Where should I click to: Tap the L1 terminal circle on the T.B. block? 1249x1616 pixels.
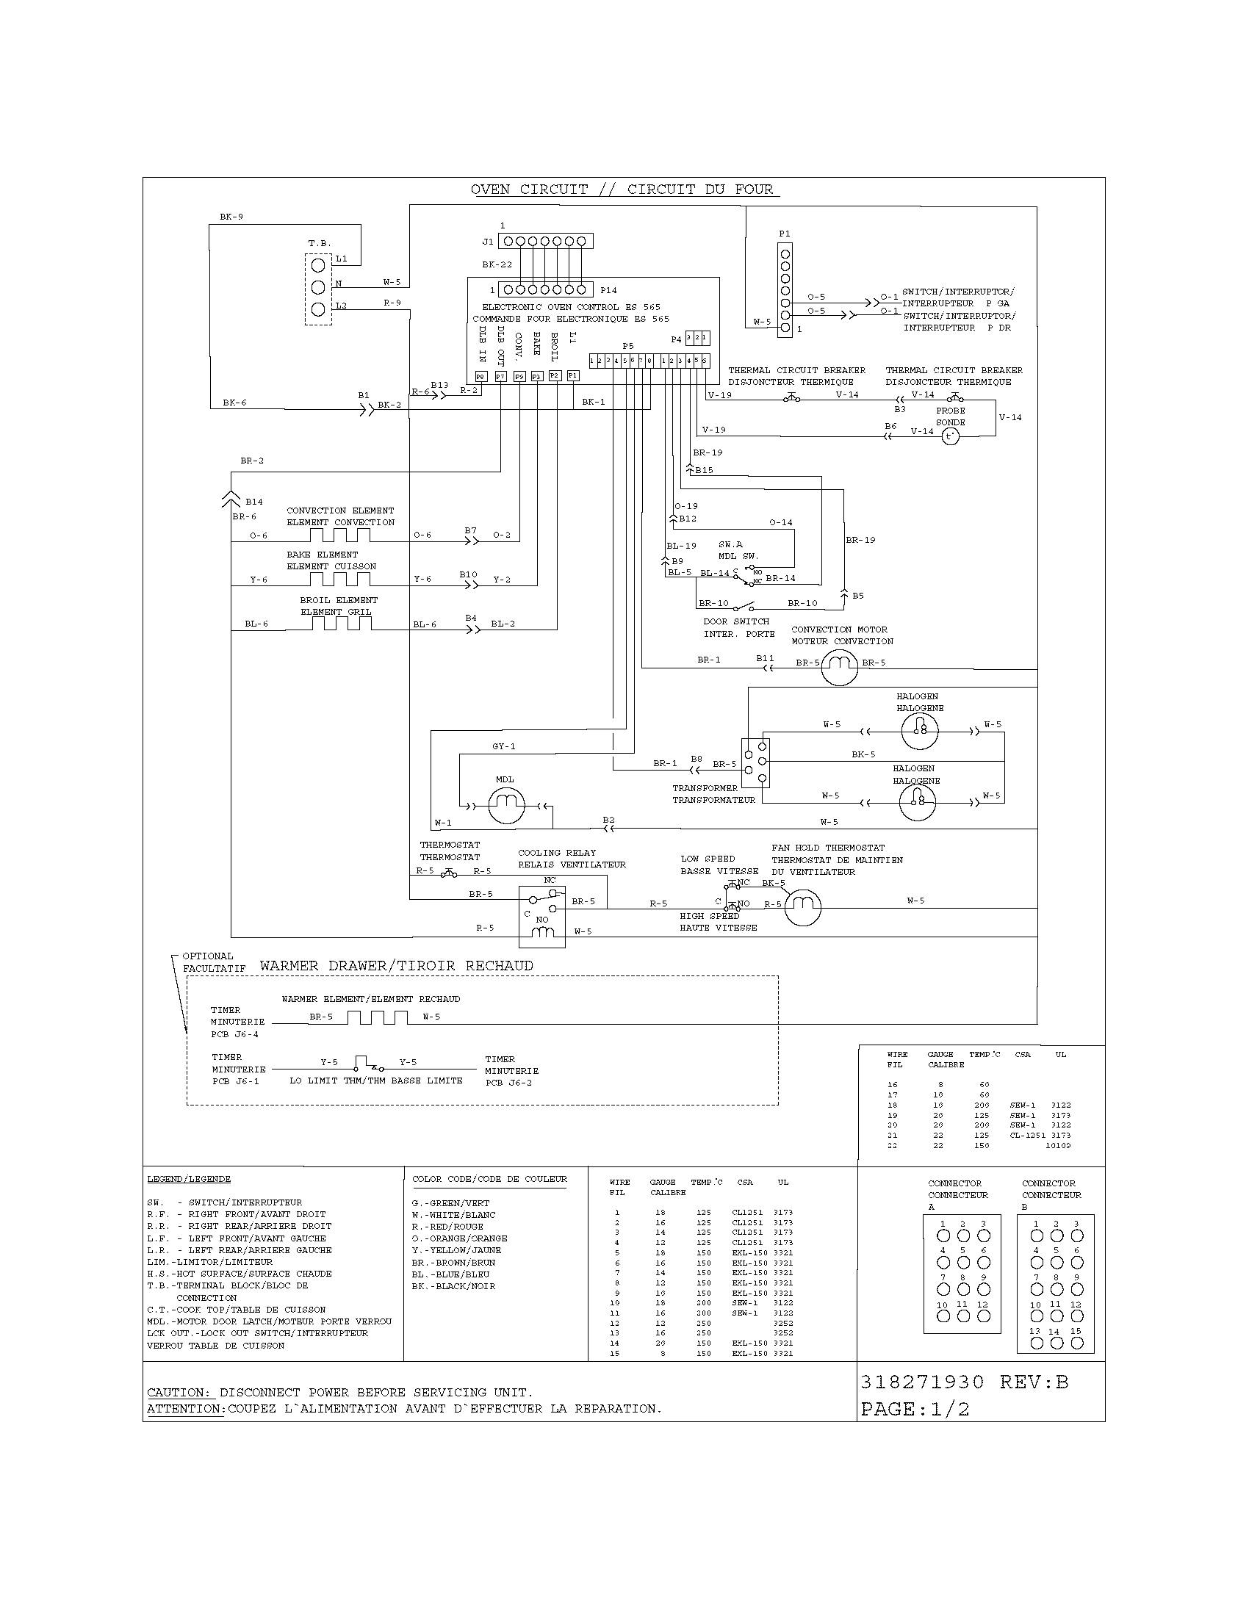pyautogui.click(x=317, y=265)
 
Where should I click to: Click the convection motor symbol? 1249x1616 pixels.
pyautogui.click(x=840, y=668)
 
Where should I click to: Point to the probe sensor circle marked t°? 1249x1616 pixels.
pyautogui.click(x=950, y=436)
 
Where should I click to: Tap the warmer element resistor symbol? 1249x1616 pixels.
pyautogui.click(x=378, y=1017)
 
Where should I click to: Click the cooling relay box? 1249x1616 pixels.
pyautogui.click(x=541, y=916)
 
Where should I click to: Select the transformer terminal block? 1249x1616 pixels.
pyautogui.click(x=755, y=763)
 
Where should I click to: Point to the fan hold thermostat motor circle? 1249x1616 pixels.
pyautogui.click(x=802, y=906)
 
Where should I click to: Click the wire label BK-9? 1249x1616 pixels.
pyautogui.click(x=231, y=217)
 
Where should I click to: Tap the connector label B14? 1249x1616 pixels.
pyautogui.click(x=253, y=502)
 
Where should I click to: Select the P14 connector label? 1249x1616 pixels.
pyautogui.click(x=608, y=290)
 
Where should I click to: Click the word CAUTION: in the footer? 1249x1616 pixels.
pyautogui.click(x=179, y=1393)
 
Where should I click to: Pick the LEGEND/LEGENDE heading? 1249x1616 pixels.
pyautogui.click(x=189, y=1179)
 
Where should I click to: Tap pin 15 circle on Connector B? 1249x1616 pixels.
pyautogui.click(x=1076, y=1343)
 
